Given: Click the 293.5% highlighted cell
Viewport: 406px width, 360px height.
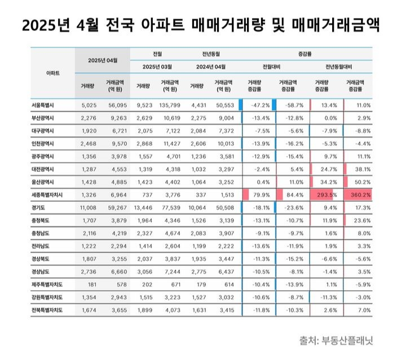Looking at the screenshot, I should (x=326, y=194).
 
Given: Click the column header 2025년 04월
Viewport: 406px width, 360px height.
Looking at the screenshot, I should (x=102, y=60).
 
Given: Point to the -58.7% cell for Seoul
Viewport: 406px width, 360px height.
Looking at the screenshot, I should (x=293, y=105).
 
